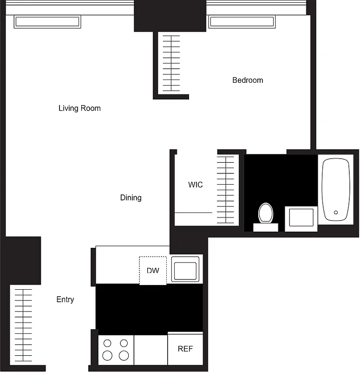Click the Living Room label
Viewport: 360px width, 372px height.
[x=79, y=108]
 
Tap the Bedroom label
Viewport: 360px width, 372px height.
[x=248, y=80]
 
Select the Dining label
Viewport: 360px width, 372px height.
[x=131, y=198]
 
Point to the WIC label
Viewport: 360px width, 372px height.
[x=195, y=185]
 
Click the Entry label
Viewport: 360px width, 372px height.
[x=65, y=299]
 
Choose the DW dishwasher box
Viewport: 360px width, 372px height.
[x=153, y=270]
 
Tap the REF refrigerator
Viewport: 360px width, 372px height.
[x=185, y=349]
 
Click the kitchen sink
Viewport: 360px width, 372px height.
[x=185, y=269]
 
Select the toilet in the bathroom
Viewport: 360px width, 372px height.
[x=266, y=214]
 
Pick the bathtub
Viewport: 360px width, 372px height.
[x=336, y=189]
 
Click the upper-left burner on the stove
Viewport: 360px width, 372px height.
[x=107, y=344]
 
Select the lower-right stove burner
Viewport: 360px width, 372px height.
[x=124, y=356]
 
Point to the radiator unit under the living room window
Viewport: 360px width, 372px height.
[x=47, y=21]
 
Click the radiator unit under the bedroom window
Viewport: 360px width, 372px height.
[x=242, y=21]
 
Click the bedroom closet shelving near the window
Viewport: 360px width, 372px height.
[x=170, y=63]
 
